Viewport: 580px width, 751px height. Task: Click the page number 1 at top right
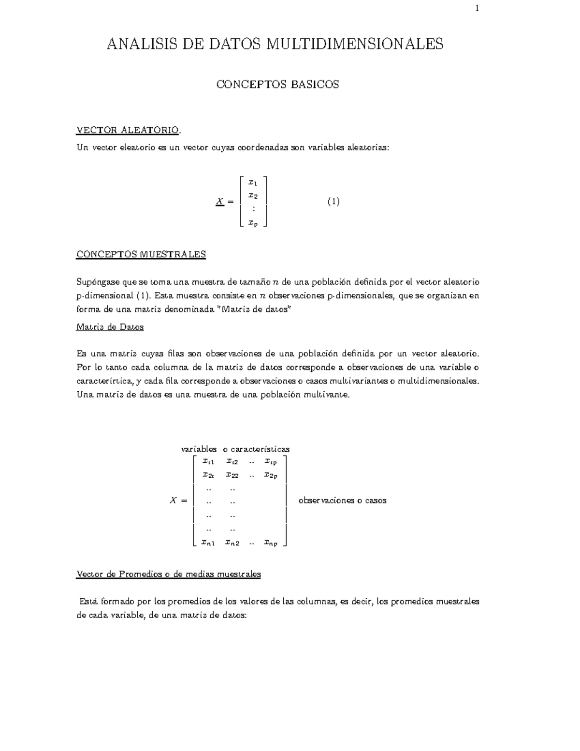(477, 8)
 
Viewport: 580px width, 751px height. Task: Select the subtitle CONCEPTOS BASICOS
(277, 85)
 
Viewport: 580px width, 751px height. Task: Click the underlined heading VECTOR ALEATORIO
(129, 131)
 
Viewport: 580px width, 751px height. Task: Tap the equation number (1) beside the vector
(333, 202)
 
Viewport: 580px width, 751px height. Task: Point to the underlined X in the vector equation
(219, 202)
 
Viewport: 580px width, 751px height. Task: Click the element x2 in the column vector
(253, 195)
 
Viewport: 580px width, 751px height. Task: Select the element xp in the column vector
(253, 222)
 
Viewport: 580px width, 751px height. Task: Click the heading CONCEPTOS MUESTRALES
(141, 254)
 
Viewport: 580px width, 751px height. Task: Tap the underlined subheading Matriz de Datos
(110, 327)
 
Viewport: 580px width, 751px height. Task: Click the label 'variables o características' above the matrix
(235, 449)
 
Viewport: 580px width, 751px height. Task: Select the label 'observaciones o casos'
(342, 501)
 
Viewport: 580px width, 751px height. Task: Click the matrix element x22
(232, 475)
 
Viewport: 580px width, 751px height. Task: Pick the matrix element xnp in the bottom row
(271, 543)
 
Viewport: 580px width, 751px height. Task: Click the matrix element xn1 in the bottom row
(208, 543)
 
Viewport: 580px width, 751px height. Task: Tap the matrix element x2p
(271, 475)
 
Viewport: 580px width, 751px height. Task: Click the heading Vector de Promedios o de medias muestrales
(169, 574)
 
